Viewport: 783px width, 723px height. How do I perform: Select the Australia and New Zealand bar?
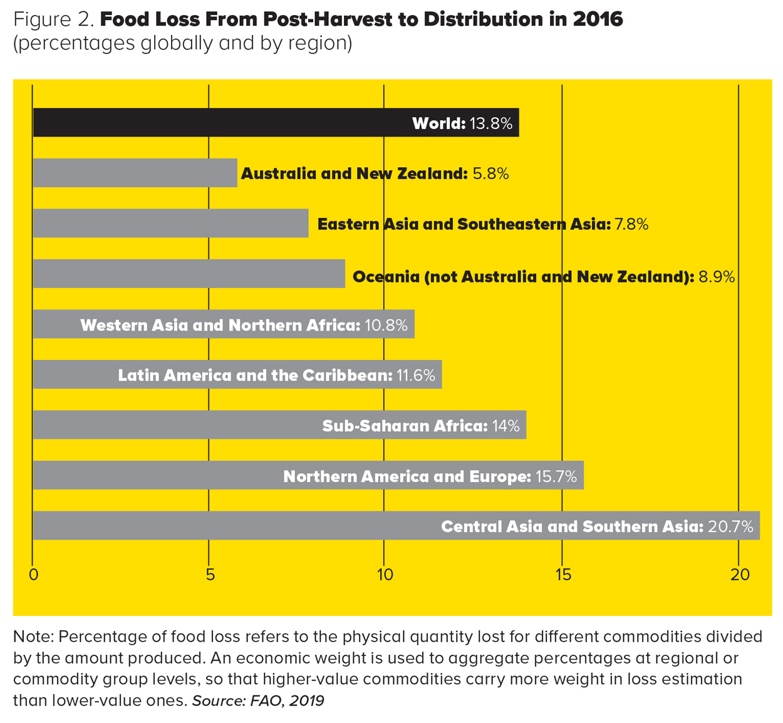pos(135,173)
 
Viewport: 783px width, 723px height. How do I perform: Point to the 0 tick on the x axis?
pos(34,575)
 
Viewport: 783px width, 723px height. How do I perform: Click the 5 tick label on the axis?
pos(210,575)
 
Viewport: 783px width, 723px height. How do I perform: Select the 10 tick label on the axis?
pos(385,575)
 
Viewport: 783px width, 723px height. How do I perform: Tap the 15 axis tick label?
pos(563,575)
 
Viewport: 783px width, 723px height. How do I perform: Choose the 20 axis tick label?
pos(740,575)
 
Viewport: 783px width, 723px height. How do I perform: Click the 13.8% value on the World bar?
pos(491,123)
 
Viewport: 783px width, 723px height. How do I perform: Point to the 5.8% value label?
pos(490,173)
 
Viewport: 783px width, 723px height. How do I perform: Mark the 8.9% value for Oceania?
pos(717,277)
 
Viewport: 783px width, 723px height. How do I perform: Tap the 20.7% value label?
pos(730,526)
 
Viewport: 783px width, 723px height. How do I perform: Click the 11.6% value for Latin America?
pos(416,376)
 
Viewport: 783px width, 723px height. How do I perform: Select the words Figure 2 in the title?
pos(54,19)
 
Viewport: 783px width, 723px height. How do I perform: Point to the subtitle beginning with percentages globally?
pos(182,43)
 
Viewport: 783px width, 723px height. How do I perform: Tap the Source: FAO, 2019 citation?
pos(258,700)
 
